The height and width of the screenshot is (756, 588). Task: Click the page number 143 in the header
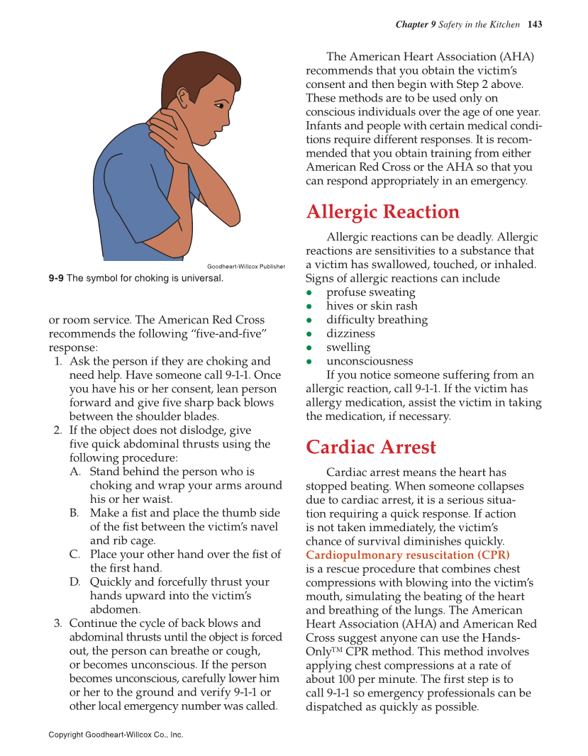pyautogui.click(x=535, y=25)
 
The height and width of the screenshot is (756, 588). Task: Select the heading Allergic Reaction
pyautogui.click(x=382, y=212)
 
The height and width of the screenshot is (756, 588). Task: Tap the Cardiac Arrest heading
pyautogui.click(x=371, y=448)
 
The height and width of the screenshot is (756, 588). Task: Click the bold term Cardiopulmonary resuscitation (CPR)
pyautogui.click(x=408, y=555)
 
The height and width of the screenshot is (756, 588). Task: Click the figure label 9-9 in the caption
pyautogui.click(x=57, y=278)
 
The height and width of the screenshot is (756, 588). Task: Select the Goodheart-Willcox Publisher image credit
pyautogui.click(x=246, y=267)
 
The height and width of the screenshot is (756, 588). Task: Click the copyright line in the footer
pyautogui.click(x=116, y=735)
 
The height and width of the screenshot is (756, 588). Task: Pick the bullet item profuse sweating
pyautogui.click(x=370, y=292)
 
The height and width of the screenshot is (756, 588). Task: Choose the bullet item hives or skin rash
pyautogui.click(x=372, y=306)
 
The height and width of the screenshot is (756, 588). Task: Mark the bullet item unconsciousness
pyautogui.click(x=369, y=361)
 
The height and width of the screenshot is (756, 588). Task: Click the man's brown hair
pyautogui.click(x=188, y=71)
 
